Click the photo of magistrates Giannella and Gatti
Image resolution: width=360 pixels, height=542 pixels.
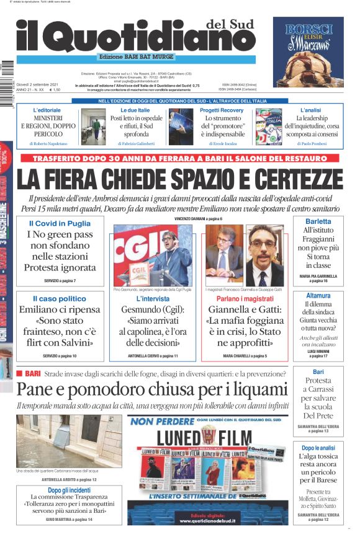[x=245, y=255]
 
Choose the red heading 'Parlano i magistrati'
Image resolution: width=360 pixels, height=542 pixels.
[x=245, y=298]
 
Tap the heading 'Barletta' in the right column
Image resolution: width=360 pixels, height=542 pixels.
[x=318, y=221]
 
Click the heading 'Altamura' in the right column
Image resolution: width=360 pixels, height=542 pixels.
[x=318, y=296]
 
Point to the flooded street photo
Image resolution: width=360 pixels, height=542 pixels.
[x=69, y=440]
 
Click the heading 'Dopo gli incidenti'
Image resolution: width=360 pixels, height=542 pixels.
[x=69, y=490]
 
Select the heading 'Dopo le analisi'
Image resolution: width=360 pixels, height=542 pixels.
[x=318, y=447]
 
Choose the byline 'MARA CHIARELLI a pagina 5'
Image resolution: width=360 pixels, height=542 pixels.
[x=245, y=356]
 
